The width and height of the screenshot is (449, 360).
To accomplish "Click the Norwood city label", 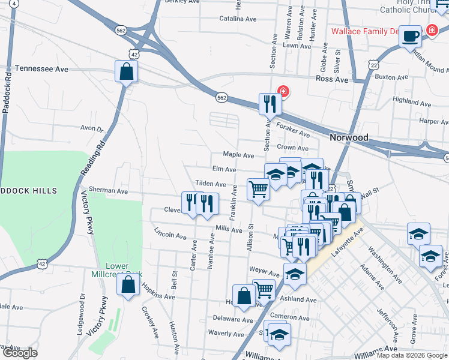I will pyautogui.click(x=349, y=137).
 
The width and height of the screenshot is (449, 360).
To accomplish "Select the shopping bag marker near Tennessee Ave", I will pyautogui.click(x=127, y=72).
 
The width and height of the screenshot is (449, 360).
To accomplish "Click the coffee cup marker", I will pyautogui.click(x=411, y=36).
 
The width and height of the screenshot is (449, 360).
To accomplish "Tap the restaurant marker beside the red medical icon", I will pyautogui.click(x=270, y=104).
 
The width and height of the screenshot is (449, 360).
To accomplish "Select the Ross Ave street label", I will pyautogui.click(x=333, y=79).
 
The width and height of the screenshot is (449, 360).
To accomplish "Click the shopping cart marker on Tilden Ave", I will pyautogui.click(x=259, y=189).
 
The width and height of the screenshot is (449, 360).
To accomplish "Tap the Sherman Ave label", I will pyautogui.click(x=109, y=190).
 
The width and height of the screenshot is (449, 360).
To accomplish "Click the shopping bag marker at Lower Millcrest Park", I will pyautogui.click(x=128, y=285).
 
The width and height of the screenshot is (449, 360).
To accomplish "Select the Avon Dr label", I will pyautogui.click(x=92, y=128).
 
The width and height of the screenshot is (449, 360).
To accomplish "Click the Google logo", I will pyautogui.click(x=19, y=353).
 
